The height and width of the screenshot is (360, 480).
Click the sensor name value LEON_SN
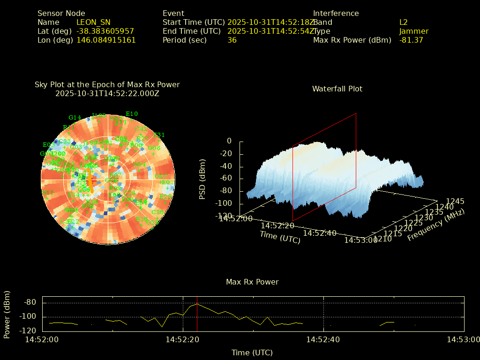(x=93, y=22)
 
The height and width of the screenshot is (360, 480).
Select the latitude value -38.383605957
(x=105, y=31)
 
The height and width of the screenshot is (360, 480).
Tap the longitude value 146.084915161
(x=106, y=40)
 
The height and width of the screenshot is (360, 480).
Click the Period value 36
(x=232, y=40)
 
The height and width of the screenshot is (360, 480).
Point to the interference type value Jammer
(x=414, y=31)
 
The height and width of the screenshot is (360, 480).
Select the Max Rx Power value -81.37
(x=411, y=40)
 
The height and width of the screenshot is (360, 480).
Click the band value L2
(x=404, y=22)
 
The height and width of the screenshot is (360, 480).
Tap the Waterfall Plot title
(x=337, y=89)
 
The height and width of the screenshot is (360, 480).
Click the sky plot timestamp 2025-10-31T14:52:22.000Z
(x=107, y=93)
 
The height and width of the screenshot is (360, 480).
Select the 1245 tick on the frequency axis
(x=455, y=202)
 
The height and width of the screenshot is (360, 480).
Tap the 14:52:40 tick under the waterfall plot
(x=320, y=233)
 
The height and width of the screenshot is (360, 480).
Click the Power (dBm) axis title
(x=7, y=314)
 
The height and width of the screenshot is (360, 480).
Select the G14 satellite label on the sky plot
(x=75, y=118)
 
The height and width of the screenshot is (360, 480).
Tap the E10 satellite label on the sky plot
(x=132, y=114)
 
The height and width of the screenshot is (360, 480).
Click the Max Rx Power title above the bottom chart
(x=252, y=282)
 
